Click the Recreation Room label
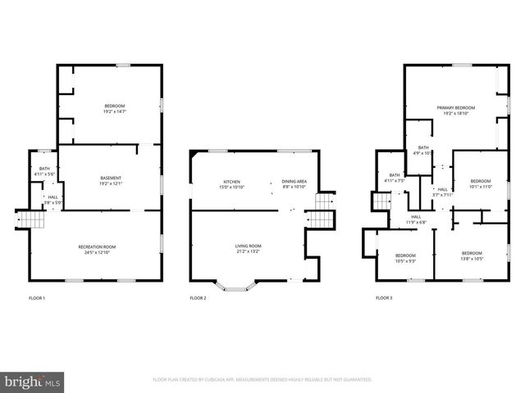click(x=97, y=249)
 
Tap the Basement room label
click(x=112, y=181)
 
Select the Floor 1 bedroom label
click(x=114, y=107)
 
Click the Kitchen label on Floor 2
click(x=232, y=184)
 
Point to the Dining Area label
click(x=294, y=184)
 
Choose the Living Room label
click(x=248, y=248)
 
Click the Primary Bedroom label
click(x=455, y=110)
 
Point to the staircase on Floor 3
click(x=381, y=201)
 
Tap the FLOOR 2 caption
click(x=198, y=298)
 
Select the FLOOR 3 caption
click(x=384, y=298)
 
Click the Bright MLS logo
click(x=32, y=381)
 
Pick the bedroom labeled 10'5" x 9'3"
click(x=405, y=257)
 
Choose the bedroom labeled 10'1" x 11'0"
click(x=480, y=183)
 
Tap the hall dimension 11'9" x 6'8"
click(x=417, y=220)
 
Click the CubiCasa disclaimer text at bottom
click(x=262, y=380)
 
